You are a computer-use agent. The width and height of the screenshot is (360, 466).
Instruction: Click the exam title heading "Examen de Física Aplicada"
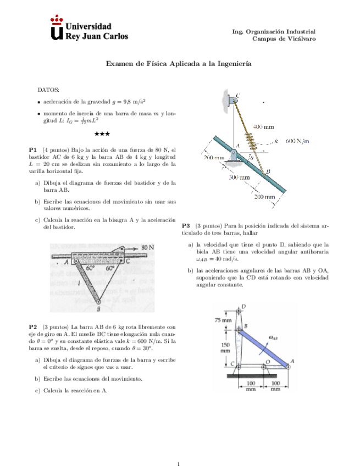[179, 64]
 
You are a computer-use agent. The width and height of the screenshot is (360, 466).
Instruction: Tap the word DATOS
[48, 89]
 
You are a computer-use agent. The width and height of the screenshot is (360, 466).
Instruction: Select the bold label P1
[32, 149]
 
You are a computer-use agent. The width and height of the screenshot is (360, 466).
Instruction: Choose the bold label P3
[185, 225]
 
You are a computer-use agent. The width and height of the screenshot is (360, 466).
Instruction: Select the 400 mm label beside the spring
[263, 126]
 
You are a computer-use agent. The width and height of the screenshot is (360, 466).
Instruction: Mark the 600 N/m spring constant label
[297, 141]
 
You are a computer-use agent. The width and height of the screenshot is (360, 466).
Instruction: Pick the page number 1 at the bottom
[179, 449]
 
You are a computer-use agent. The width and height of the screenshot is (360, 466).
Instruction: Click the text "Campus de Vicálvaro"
[284, 38]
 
